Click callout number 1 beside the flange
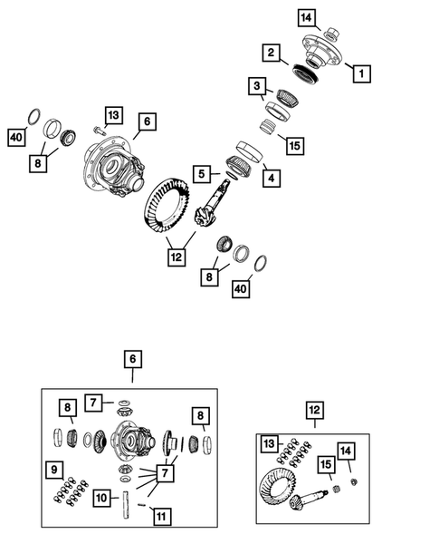pos(359,72)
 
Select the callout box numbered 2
pos(271,53)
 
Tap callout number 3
pos(259,88)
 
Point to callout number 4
pos(271,179)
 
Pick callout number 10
pos(102,499)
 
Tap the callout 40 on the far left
pos(15,137)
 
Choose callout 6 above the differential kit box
pos(132,360)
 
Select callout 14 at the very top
pos(306,16)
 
